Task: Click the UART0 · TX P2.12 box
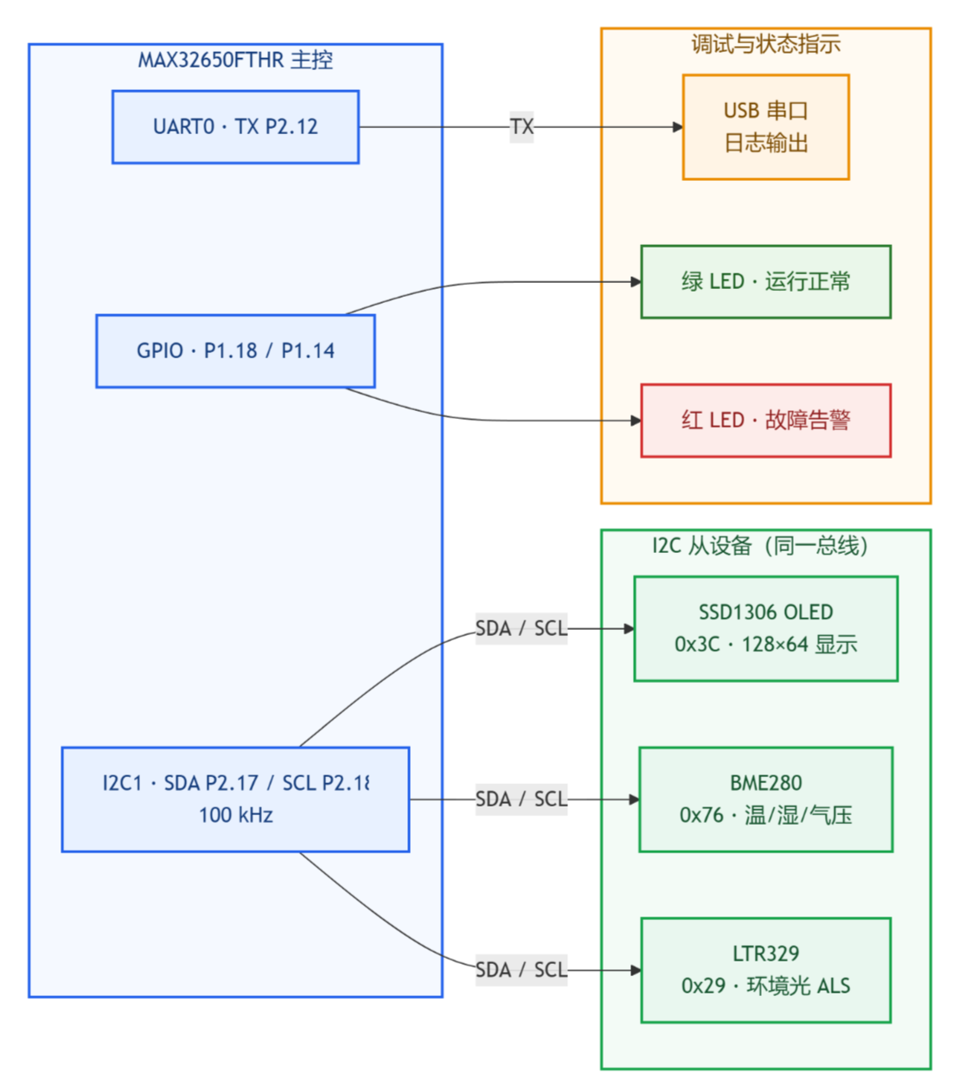point(235,127)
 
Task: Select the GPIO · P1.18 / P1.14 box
point(235,351)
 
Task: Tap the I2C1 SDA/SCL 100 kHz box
point(235,800)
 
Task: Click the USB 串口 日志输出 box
point(765,127)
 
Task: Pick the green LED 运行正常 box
point(765,282)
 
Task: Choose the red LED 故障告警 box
point(765,421)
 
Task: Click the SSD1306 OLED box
point(765,629)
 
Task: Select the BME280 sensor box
point(765,800)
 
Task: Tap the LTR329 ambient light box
point(765,970)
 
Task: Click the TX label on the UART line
point(521,127)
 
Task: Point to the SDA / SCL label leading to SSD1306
point(521,629)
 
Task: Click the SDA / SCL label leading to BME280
point(521,800)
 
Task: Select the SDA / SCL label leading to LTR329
point(521,970)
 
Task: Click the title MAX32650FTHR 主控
point(235,60)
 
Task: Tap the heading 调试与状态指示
point(765,44)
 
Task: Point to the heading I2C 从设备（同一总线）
point(760,546)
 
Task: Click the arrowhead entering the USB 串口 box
point(678,127)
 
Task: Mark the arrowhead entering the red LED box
point(636,421)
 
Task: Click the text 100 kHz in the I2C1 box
point(236,815)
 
